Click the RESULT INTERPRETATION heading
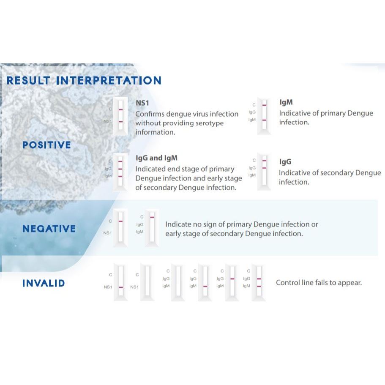click(84, 81)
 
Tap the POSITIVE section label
click(46, 145)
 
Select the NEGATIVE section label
click(49, 229)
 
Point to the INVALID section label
click(44, 283)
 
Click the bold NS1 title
click(142, 103)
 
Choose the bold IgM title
click(286, 102)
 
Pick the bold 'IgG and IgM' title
click(157, 158)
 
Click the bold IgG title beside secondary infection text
click(285, 161)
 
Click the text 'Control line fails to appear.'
click(319, 283)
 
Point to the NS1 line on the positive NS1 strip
click(120, 122)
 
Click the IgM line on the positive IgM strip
click(264, 120)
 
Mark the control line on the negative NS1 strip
click(120, 221)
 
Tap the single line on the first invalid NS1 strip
click(121, 287)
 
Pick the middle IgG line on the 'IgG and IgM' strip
click(120, 169)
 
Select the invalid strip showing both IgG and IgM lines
click(259, 282)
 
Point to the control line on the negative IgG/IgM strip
click(152, 217)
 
